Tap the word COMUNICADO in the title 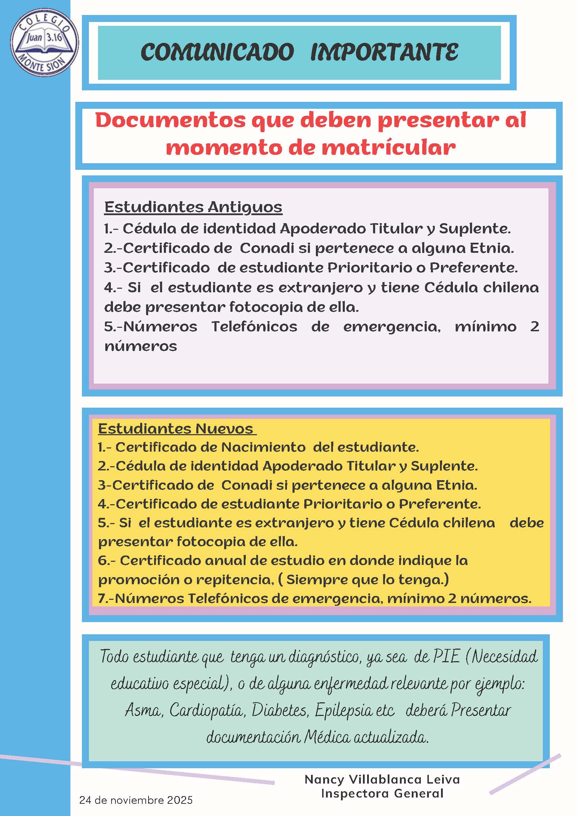pyautogui.click(x=218, y=52)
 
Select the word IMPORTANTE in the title pyautogui.click(x=385, y=52)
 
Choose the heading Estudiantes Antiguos pyautogui.click(x=193, y=207)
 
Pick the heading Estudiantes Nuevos pyautogui.click(x=175, y=429)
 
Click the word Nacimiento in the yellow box pyautogui.click(x=263, y=447)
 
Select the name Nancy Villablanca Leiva pyautogui.click(x=382, y=780)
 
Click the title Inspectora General pyautogui.click(x=382, y=794)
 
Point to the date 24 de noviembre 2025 pyautogui.click(x=136, y=800)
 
